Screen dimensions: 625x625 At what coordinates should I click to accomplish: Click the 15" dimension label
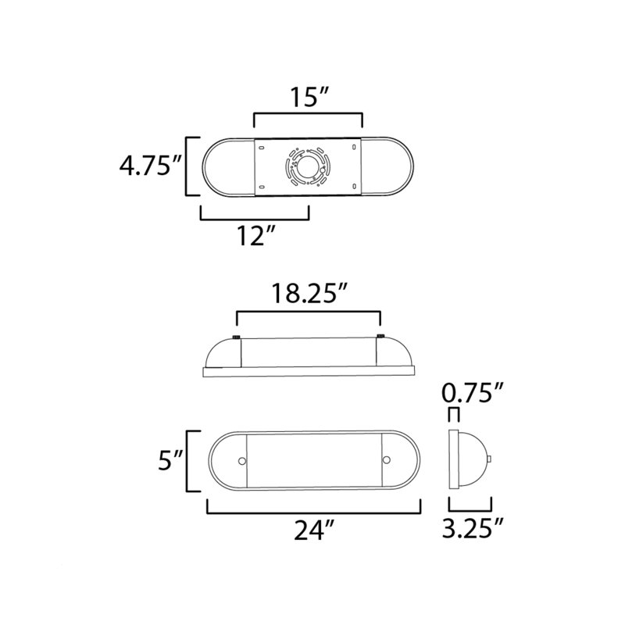click(308, 98)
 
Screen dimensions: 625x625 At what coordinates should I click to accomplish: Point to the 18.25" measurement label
click(309, 295)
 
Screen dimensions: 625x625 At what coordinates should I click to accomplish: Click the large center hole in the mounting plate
click(306, 166)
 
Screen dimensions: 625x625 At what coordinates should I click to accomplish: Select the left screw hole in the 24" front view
click(241, 461)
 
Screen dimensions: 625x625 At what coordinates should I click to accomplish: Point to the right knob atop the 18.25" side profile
click(380, 337)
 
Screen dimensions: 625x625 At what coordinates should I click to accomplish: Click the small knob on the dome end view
click(491, 460)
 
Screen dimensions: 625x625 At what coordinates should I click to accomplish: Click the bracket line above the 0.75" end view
click(454, 411)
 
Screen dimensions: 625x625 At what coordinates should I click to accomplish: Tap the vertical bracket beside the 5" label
click(187, 461)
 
